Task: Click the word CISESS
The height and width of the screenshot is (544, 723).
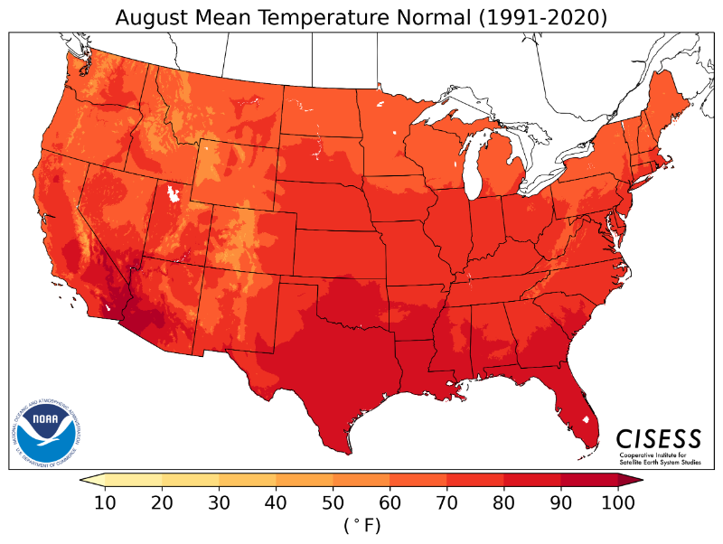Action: tap(659, 438)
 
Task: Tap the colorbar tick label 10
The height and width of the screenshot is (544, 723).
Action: tap(107, 504)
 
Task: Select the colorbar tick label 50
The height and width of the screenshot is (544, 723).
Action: tap(333, 504)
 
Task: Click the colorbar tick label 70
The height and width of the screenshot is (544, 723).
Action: tap(447, 504)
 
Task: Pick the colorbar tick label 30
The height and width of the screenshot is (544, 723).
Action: tap(220, 504)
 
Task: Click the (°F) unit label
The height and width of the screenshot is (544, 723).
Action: tap(361, 525)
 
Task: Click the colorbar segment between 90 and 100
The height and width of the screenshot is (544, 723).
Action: tap(588, 481)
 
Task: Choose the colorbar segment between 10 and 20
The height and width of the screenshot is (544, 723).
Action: tap(135, 481)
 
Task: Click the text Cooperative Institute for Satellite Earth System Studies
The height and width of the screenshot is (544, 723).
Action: tap(659, 458)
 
